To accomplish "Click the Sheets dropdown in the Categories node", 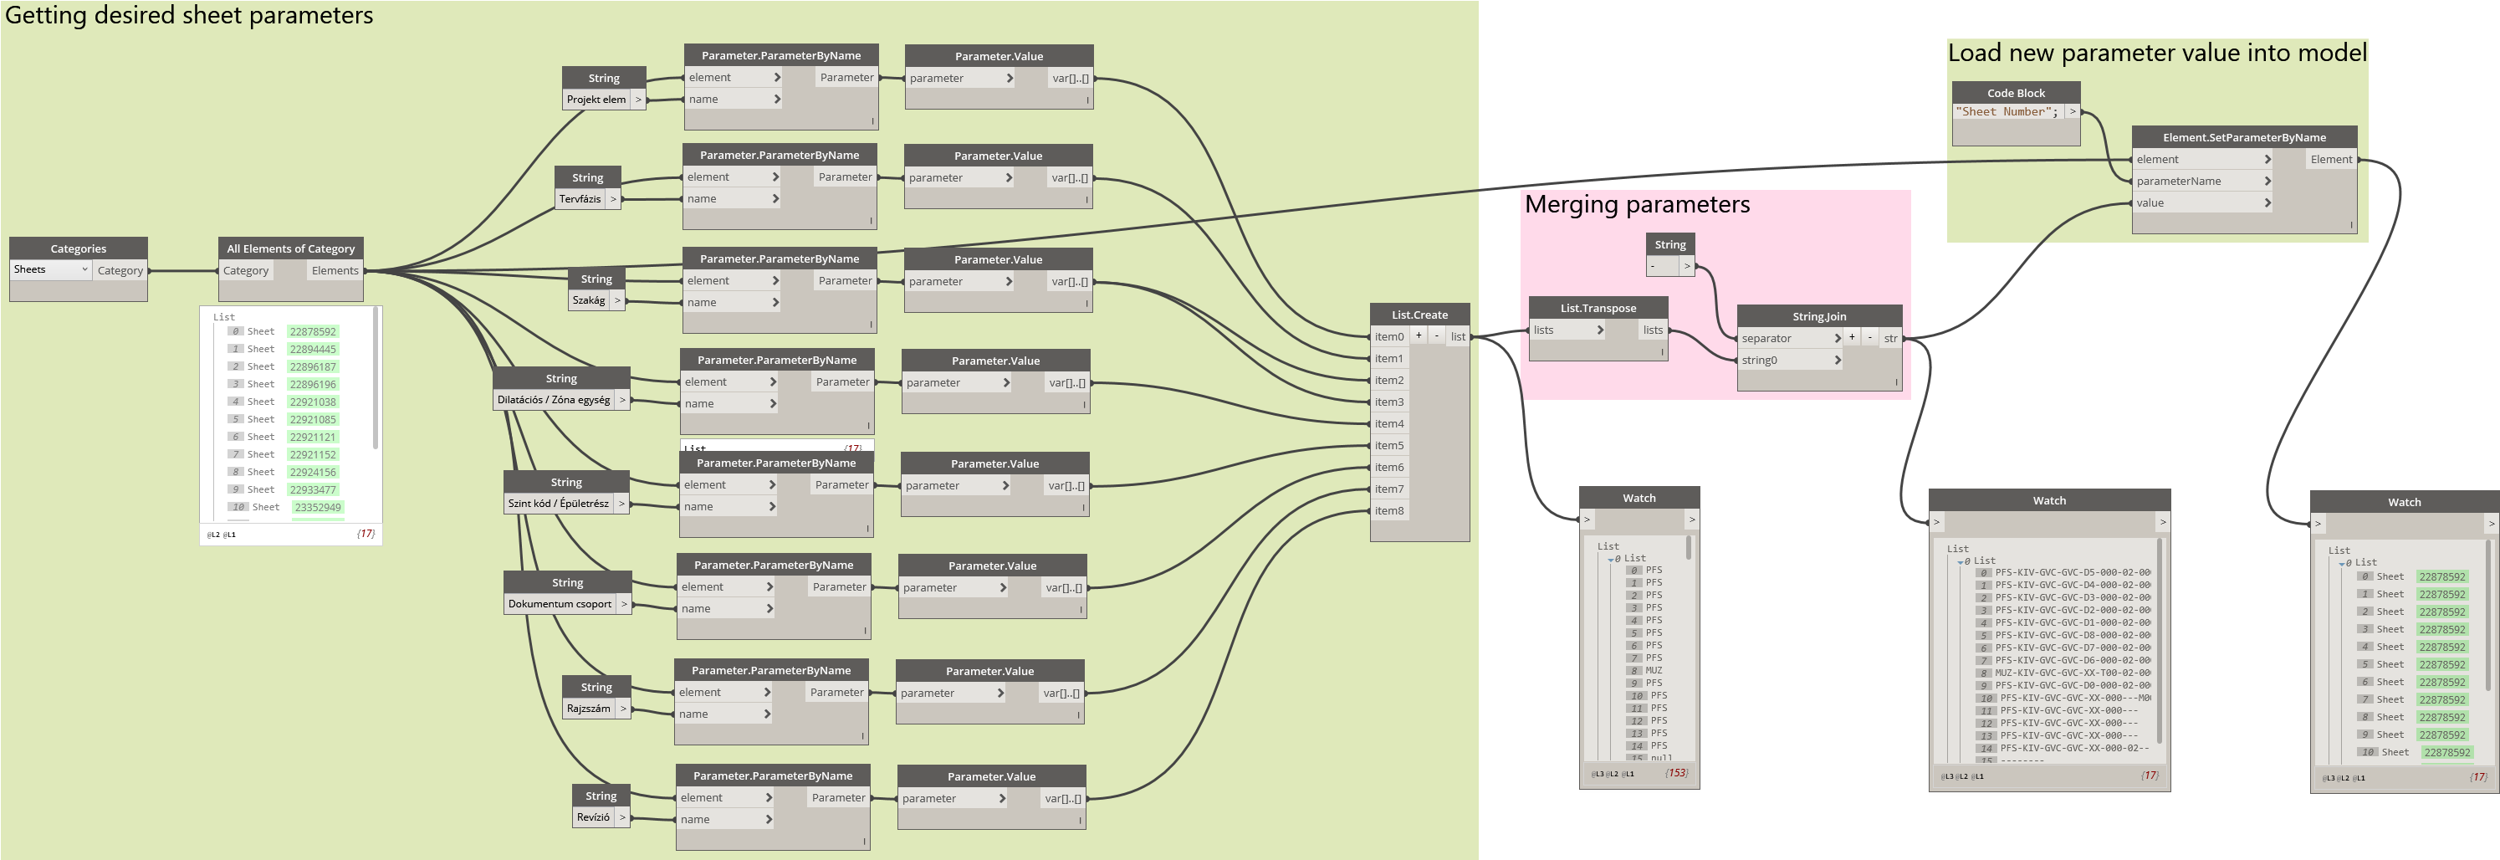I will pyautogui.click(x=50, y=270).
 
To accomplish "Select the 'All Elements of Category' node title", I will pyautogui.click(x=290, y=248).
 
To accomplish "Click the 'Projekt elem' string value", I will pyautogui.click(x=596, y=99).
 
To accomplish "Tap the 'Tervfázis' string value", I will pyautogui.click(x=580, y=199).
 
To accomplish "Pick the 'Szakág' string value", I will pyautogui.click(x=588, y=301).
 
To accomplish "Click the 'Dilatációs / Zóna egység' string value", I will pyautogui.click(x=553, y=400).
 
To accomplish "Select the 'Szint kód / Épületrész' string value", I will pyautogui.click(x=558, y=504).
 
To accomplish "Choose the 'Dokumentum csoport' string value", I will pyautogui.click(x=560, y=604).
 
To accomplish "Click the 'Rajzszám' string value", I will pyautogui.click(x=588, y=709).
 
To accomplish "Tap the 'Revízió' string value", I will pyautogui.click(x=593, y=817).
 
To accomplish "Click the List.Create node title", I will pyautogui.click(x=1419, y=315).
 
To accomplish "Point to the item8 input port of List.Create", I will pyautogui.click(x=1388, y=510).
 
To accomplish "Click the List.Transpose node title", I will pyautogui.click(x=1598, y=309).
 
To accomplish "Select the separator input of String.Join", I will pyautogui.click(x=1766, y=339).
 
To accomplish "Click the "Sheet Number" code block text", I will pyautogui.click(x=2006, y=111).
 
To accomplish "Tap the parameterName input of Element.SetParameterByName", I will pyautogui.click(x=2178, y=182).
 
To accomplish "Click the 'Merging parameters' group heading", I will pyautogui.click(x=1637, y=205).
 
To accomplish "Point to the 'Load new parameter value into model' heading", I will pyautogui.click(x=2156, y=54).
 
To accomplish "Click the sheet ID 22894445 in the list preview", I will pyautogui.click(x=313, y=350).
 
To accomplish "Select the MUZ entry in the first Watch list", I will pyautogui.click(x=1654, y=671).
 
